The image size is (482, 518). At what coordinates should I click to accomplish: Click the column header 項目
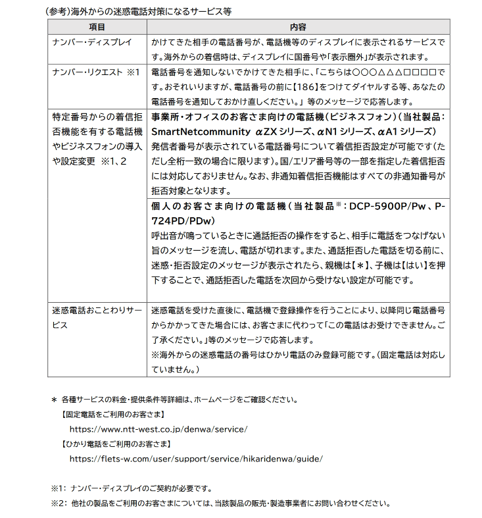(97, 27)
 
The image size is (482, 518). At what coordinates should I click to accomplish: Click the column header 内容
(298, 27)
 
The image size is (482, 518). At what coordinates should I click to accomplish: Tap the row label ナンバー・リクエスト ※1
(96, 71)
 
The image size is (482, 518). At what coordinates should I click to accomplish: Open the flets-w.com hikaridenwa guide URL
(196, 459)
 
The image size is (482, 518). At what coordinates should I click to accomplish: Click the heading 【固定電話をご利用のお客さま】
(112, 414)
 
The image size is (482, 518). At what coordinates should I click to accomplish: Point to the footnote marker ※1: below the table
(59, 488)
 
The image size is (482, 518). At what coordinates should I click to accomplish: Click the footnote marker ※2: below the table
(59, 504)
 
